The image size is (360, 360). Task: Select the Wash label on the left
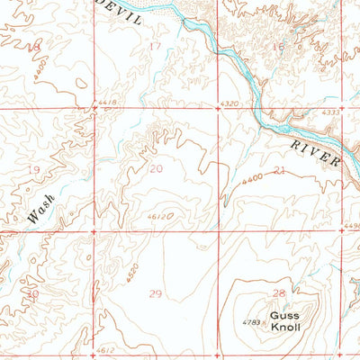[40, 209]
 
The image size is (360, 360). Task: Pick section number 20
[157, 168]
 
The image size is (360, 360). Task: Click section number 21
[279, 169]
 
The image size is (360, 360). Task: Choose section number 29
[155, 293]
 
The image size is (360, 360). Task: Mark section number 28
[278, 293]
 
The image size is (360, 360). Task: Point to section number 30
[33, 293]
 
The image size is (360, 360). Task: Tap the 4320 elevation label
[229, 104]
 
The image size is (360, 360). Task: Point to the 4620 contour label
[131, 270]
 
